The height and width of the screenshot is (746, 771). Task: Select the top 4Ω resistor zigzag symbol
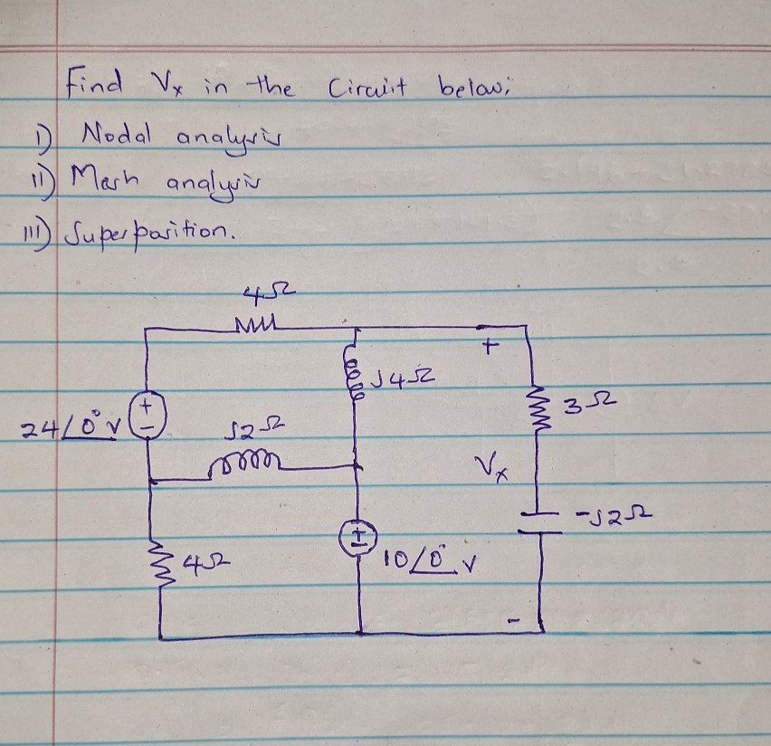pyautogui.click(x=259, y=322)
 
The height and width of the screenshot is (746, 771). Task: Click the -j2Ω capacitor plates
pyautogui.click(x=541, y=521)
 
